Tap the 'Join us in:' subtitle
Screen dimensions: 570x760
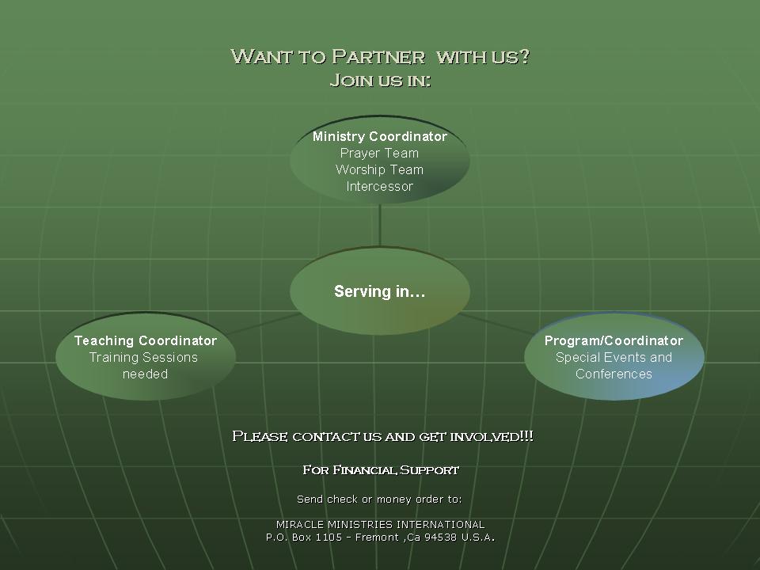tap(380, 81)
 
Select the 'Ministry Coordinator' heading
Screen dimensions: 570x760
tap(380, 136)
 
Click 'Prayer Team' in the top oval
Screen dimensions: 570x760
tap(380, 153)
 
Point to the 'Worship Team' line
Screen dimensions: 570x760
tap(380, 169)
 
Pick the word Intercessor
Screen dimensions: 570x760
tap(380, 187)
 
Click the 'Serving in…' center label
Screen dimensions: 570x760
tap(380, 291)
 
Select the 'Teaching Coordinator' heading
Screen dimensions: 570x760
tap(146, 340)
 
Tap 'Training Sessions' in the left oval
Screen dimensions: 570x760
tap(144, 357)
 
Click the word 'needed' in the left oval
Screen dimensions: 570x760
tap(146, 374)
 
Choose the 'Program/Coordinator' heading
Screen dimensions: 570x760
tap(614, 340)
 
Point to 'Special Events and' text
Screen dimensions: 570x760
tap(614, 357)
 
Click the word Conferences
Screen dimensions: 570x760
tap(614, 374)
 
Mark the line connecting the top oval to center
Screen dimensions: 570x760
tap(380, 226)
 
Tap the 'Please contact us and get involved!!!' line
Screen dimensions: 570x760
tap(382, 436)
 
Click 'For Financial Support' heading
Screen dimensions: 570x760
tap(381, 470)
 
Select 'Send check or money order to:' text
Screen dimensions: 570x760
tap(379, 499)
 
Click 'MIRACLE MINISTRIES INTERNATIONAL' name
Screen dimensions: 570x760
tap(380, 524)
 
